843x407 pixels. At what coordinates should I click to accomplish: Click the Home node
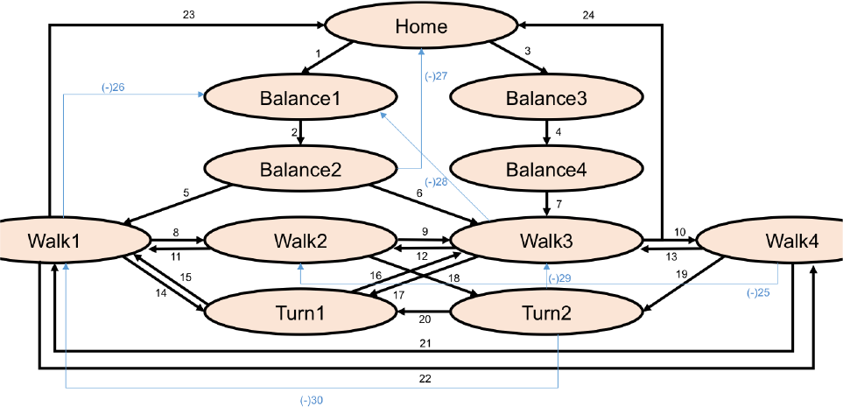tap(421, 25)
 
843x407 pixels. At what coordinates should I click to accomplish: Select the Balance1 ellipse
tap(300, 98)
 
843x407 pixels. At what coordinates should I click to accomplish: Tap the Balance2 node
tap(300, 170)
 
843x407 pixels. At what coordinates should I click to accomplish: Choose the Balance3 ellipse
tap(546, 98)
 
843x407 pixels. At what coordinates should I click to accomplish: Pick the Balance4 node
tap(546, 170)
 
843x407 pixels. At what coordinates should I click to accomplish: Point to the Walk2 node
tap(300, 242)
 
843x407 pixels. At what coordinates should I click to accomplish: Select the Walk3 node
tap(546, 242)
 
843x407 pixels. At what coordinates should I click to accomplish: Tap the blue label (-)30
tap(312, 400)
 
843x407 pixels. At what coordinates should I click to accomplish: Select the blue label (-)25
tap(759, 293)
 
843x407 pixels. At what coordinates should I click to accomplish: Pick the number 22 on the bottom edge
tap(425, 379)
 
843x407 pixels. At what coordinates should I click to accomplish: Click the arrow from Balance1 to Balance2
tap(300, 132)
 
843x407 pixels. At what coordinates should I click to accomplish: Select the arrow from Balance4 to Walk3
tap(546, 204)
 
